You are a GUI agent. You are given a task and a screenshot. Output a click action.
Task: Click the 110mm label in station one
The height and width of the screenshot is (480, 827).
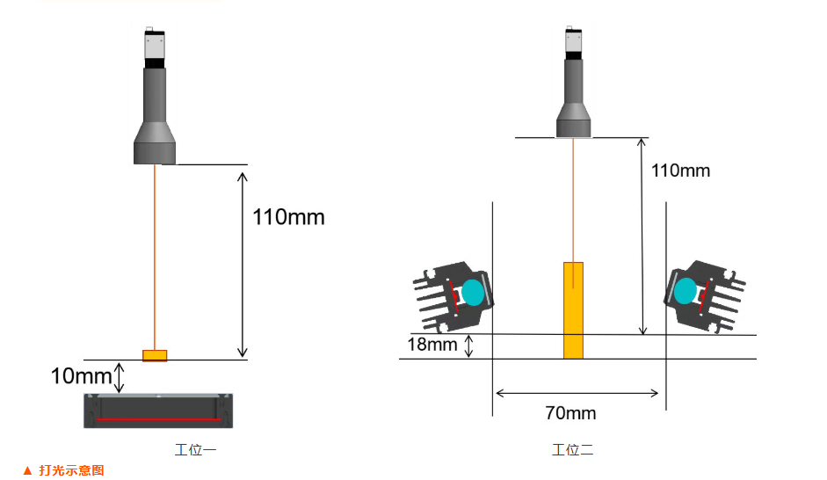click(x=288, y=217)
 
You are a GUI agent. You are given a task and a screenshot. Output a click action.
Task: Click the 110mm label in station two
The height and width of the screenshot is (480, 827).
click(x=680, y=171)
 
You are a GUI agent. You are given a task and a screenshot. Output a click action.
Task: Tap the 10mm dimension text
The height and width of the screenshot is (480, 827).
click(x=81, y=376)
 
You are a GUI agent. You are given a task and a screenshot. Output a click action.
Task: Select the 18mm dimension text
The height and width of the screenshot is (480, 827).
click(x=432, y=345)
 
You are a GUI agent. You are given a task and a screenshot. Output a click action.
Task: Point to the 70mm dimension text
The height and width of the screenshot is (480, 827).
click(x=570, y=413)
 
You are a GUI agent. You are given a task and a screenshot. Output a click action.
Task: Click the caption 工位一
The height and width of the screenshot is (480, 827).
click(x=195, y=450)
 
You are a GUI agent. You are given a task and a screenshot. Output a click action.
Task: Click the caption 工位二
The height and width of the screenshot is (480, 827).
click(x=572, y=450)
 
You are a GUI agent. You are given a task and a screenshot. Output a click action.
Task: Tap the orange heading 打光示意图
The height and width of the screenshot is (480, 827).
click(x=71, y=470)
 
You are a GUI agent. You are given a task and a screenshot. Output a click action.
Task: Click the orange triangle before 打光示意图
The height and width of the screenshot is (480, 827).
click(x=27, y=470)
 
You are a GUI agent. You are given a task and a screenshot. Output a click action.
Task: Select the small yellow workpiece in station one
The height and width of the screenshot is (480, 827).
click(x=155, y=355)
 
